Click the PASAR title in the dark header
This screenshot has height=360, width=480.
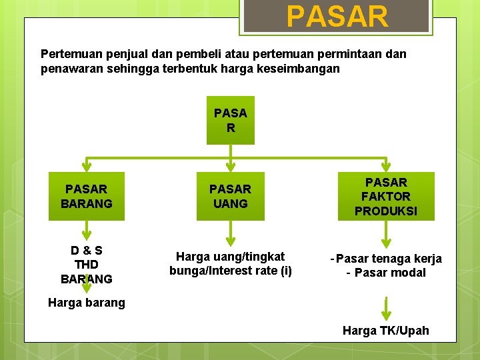[337, 17]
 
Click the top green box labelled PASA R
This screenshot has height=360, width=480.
[230, 120]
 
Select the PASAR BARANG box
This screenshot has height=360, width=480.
[87, 197]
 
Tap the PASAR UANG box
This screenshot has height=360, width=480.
[230, 197]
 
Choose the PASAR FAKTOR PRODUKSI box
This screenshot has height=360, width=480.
[386, 197]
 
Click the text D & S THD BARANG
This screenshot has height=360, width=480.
[87, 265]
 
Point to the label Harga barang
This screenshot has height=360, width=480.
[87, 303]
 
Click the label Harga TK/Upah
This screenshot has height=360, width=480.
[385, 331]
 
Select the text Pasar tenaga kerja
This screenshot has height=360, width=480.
[389, 259]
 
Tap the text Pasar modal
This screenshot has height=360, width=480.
[390, 273]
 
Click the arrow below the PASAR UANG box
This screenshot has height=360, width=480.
[230, 234]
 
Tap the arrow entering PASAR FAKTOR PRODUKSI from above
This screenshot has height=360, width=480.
[386, 165]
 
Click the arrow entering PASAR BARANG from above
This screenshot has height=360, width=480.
[87, 165]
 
